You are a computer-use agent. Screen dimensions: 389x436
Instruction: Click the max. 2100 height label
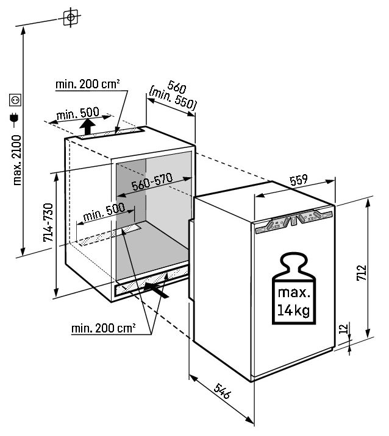17,160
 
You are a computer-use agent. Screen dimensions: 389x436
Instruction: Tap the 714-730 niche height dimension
48,222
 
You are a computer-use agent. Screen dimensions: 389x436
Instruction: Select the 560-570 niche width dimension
152,182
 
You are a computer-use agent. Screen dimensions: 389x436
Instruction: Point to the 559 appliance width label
299,180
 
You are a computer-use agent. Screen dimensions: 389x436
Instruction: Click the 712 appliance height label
362,273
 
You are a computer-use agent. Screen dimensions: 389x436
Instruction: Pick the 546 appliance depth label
223,391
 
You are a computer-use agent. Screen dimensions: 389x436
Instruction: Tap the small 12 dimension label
344,328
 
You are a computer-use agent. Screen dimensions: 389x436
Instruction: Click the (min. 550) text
173,99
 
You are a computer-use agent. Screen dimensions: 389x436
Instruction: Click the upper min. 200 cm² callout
88,84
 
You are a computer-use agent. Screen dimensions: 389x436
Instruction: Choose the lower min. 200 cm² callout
104,328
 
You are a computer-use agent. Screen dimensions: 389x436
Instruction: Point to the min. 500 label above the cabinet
77,113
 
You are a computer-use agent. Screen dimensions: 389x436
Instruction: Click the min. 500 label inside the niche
104,212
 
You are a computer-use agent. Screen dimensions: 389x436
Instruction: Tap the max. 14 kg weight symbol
294,289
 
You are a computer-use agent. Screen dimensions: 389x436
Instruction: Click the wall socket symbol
15,100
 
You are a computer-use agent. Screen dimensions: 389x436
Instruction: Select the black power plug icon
14,119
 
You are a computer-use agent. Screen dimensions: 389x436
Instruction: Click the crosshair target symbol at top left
71,17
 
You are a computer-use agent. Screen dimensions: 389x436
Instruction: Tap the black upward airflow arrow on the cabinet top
87,127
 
